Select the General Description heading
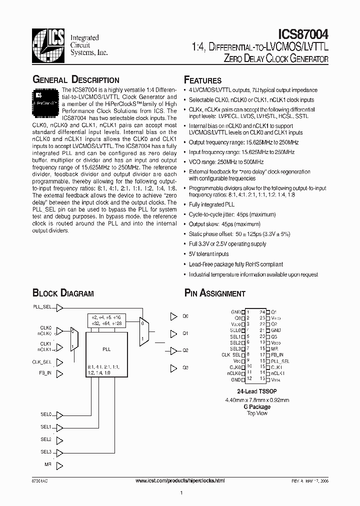coord(76,80)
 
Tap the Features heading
coord(203,80)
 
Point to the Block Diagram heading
coord(63,293)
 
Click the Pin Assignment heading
coord(215,293)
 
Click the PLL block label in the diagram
coord(106,348)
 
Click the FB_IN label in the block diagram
coord(45,372)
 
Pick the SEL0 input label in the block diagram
coord(45,414)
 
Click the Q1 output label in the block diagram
coord(185,333)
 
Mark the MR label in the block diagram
coord(47,464)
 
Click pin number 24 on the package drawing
coord(261,311)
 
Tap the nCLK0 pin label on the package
coord(234,372)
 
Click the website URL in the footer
coord(180,480)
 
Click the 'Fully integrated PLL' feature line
coord(211,204)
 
